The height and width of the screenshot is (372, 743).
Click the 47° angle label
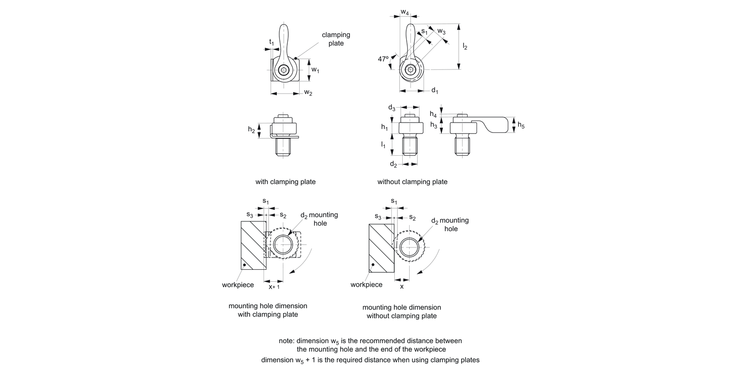tap(383, 59)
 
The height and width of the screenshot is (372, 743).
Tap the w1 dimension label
tap(315, 70)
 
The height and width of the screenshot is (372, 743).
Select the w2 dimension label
tap(308, 92)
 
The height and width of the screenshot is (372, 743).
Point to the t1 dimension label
tap(271, 42)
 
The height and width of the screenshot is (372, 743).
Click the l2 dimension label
tap(465, 46)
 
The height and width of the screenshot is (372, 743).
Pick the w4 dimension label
tap(405, 12)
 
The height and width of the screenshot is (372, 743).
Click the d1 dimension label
tap(434, 90)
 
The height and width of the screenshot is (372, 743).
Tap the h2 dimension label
tap(252, 130)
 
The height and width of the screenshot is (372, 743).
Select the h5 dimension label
tap(521, 126)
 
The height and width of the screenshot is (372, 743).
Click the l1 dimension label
tap(383, 144)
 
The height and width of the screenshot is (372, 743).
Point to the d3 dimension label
tap(392, 108)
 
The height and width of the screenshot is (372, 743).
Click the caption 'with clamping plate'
tap(285, 182)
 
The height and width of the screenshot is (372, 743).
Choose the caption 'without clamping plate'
tap(412, 182)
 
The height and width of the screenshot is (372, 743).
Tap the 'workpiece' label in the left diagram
tap(238, 285)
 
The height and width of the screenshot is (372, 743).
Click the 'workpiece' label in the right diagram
tap(366, 285)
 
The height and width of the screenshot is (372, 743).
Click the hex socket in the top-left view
tap(284, 70)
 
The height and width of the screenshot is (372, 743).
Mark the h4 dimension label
tap(433, 115)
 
